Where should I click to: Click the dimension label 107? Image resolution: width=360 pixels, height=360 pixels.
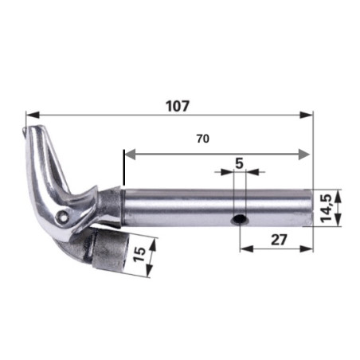click(178, 106)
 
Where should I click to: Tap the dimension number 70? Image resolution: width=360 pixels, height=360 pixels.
click(203, 139)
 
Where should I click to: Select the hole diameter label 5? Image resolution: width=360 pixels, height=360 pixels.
click(239, 163)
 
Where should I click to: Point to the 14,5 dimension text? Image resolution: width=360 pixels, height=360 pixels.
click(326, 208)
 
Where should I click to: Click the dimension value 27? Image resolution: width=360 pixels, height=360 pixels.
click(279, 240)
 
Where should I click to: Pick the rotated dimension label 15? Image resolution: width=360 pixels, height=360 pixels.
click(139, 254)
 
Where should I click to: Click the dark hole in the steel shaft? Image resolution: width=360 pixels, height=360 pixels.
click(239, 219)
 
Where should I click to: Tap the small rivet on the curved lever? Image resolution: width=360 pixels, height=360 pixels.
click(64, 216)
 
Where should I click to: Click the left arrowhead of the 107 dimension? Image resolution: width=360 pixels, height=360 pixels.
click(33, 115)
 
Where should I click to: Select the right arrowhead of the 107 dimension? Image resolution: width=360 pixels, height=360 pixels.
click(307, 115)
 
